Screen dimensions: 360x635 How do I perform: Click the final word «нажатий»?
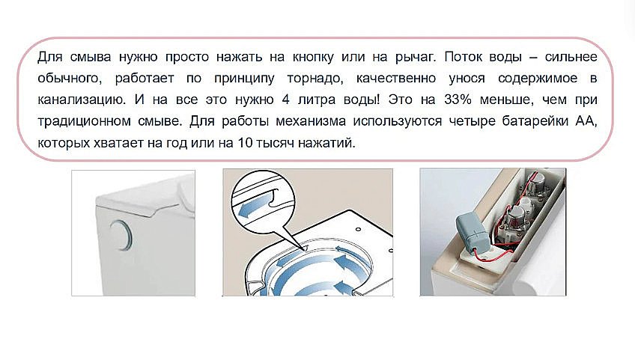click(328, 141)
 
